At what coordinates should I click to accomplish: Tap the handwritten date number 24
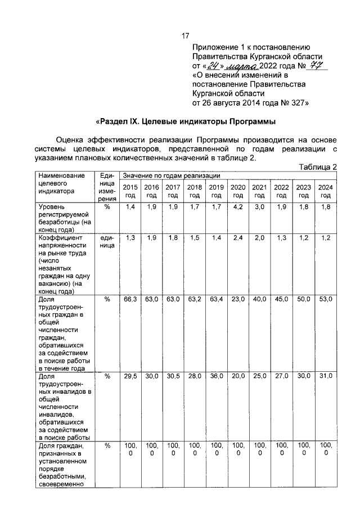[x=211, y=66]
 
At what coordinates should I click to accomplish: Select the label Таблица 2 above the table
[x=318, y=167]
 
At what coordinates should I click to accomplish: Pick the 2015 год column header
[x=130, y=191]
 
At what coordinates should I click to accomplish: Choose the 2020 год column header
[x=238, y=191]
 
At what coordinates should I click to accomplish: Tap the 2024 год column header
[x=325, y=191]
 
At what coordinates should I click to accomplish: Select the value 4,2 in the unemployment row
[x=238, y=208]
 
